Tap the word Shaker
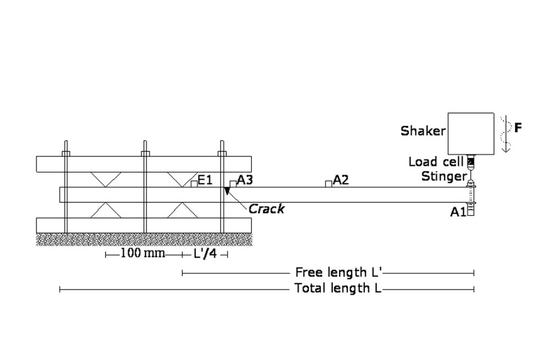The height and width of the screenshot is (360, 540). coord(423,131)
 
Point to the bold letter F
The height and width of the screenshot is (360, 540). coord(518,128)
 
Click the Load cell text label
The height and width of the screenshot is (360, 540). coord(436,161)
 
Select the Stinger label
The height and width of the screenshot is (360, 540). coord(444,176)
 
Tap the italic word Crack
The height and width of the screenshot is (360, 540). coord(266,209)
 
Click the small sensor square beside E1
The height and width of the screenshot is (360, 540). coord(194,184)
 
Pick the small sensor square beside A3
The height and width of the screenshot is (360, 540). coord(233,184)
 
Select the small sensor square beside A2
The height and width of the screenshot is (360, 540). coord(329,184)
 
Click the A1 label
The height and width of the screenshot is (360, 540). coord(458,212)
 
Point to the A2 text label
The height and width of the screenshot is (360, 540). coord(341,180)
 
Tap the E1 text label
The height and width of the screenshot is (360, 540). coord(205,180)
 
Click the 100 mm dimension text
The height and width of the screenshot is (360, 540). coord(142,254)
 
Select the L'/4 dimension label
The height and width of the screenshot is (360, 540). coord(205,254)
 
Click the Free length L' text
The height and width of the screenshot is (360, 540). coord(339,273)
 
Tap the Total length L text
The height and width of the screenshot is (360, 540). coord(338,288)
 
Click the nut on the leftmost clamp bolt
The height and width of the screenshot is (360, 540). coord(66,153)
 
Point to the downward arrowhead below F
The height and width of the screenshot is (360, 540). coord(506,149)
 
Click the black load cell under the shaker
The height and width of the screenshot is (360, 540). coord(471,161)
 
